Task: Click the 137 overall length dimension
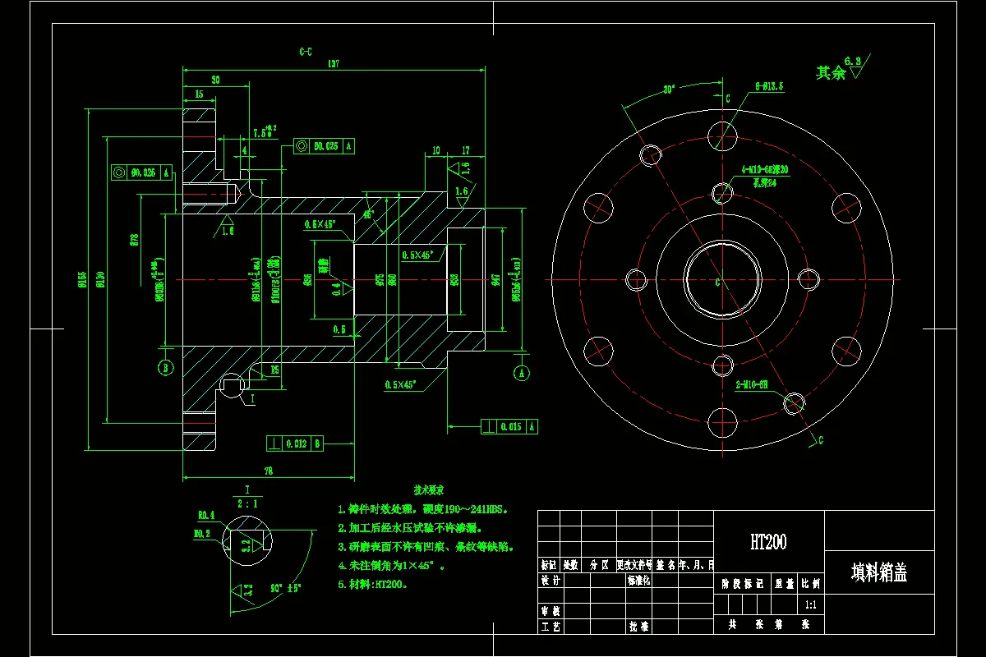point(334,63)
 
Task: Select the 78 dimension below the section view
point(269,471)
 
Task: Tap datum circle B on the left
point(165,367)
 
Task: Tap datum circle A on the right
point(522,372)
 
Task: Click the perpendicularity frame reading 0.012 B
point(295,443)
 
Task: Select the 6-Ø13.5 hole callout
point(769,85)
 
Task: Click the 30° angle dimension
point(669,90)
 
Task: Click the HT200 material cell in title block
point(768,542)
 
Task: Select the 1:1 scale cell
point(810,604)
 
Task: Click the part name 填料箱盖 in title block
point(878,572)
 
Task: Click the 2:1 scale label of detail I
point(246,503)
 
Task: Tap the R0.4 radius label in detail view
point(205,515)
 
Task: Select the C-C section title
point(305,51)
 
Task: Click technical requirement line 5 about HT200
point(372,585)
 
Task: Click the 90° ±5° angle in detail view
point(285,588)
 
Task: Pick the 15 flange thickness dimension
point(199,94)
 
